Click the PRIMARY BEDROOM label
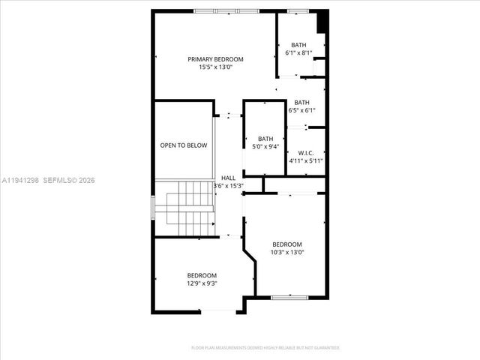click(x=215, y=59)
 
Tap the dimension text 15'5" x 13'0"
click(x=215, y=67)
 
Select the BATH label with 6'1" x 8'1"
click(x=298, y=45)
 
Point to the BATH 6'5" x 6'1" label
click(x=301, y=103)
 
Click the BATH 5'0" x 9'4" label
click(x=265, y=139)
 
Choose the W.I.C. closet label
click(x=305, y=153)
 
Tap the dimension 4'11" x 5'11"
click(x=305, y=160)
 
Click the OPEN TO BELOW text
click(x=183, y=145)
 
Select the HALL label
click(x=228, y=178)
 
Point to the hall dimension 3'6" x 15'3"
click(x=228, y=185)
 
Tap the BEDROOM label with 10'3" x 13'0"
click(x=286, y=244)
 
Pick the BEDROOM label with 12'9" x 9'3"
click(x=202, y=275)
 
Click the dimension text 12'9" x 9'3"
click(x=202, y=283)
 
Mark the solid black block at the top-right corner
click(x=322, y=21)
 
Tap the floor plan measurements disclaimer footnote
click(x=265, y=348)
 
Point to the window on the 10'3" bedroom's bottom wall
click(x=289, y=298)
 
